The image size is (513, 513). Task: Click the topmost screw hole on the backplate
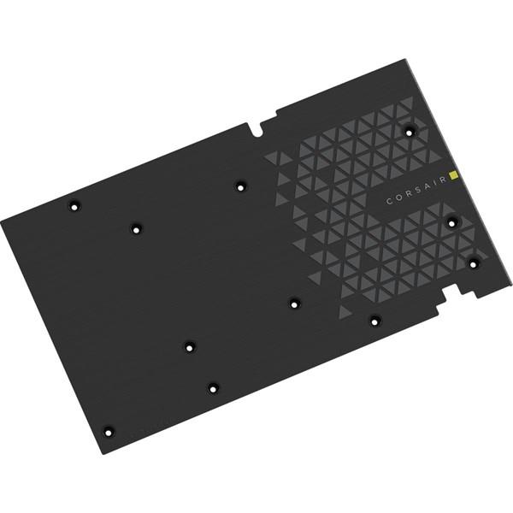coord(410,131)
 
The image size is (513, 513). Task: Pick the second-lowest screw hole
coord(213,388)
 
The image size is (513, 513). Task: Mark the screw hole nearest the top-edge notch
coord(239,184)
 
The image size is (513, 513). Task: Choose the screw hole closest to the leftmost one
coord(135,228)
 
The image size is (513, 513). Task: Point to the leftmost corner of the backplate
coord(3,221)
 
